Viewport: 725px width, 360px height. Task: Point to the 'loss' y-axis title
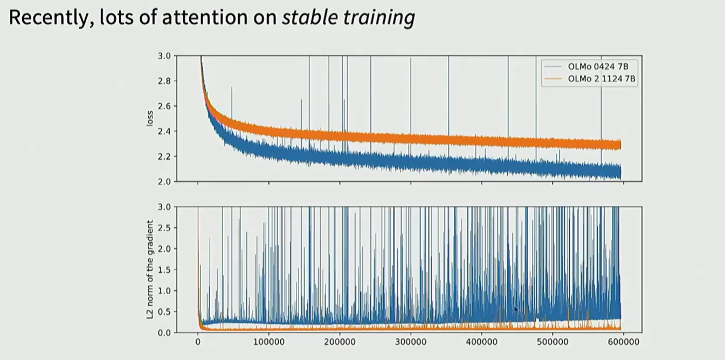click(x=150, y=119)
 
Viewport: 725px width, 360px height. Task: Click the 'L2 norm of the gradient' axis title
click(x=150, y=269)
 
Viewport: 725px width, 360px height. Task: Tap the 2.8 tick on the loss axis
click(x=164, y=81)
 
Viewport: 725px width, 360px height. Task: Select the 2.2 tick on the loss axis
click(x=164, y=156)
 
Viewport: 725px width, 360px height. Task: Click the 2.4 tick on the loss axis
click(x=164, y=131)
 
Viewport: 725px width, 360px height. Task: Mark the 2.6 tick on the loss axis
click(x=164, y=106)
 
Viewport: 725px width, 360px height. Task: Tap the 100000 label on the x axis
click(x=268, y=342)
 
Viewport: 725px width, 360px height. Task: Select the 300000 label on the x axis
click(x=411, y=342)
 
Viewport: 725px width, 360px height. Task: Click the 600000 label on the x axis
click(x=623, y=342)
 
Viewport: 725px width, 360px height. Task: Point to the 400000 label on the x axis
click(x=481, y=342)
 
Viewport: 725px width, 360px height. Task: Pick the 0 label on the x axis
click(x=198, y=342)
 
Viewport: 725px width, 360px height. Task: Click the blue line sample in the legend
click(x=554, y=67)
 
